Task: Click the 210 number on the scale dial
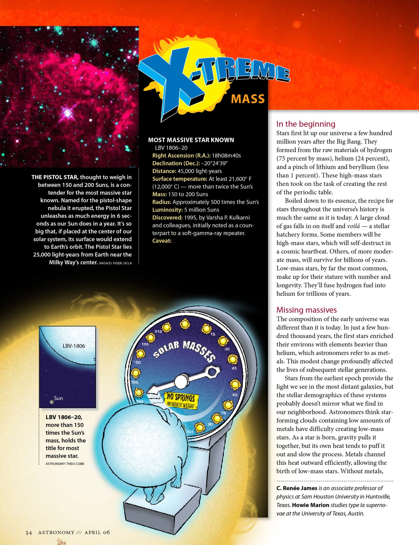pos(158,331)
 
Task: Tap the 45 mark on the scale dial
pos(234,368)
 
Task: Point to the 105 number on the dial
pos(190,432)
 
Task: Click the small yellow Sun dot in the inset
pos(52,402)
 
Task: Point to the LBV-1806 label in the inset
pos(74,346)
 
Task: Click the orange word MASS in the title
pos(248,99)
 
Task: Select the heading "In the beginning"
pos(306,124)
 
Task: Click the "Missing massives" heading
pos(306,310)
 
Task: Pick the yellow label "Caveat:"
pos(162,241)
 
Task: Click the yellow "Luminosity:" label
pos(167,210)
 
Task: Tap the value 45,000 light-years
pos(200,171)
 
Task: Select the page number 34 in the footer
pos(29,533)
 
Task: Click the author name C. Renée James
pos(297,488)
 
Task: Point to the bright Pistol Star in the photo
pos(68,113)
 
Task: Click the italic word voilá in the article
pos(353,226)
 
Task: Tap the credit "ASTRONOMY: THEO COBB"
pos(65,464)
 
